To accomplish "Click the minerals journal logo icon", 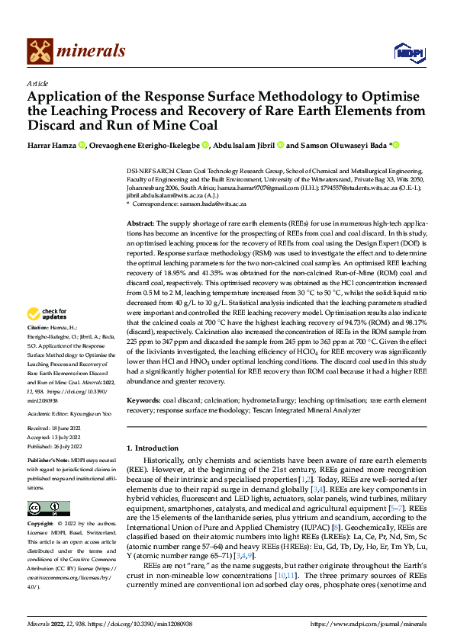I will [x=40, y=50].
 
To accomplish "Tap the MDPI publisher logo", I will [x=405, y=51].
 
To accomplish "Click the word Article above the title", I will [x=37, y=82].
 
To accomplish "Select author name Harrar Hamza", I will [x=53, y=145].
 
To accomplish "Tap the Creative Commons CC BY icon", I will [x=48, y=509].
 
